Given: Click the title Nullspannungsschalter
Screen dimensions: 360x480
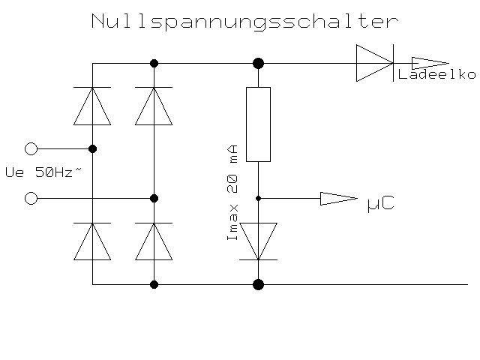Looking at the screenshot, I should coord(243,21).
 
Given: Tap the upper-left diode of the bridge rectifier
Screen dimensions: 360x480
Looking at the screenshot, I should coord(92,106).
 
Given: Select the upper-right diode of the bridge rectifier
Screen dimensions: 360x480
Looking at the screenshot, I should coord(154,106).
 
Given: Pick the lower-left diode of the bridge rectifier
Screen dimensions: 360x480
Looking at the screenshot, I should coord(92,241).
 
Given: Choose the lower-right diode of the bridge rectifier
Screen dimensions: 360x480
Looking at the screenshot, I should coord(154,241).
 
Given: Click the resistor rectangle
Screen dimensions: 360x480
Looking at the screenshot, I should coord(258,124).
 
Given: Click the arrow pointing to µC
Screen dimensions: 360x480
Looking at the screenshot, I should coord(338,199).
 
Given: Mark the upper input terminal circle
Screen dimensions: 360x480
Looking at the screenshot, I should coord(31,148).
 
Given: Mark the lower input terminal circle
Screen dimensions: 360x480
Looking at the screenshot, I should coord(31,199).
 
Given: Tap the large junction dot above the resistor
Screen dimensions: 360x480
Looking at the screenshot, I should coord(258,63).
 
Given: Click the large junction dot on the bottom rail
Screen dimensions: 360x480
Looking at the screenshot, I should coord(258,284).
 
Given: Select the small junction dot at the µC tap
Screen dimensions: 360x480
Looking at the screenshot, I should coord(258,199).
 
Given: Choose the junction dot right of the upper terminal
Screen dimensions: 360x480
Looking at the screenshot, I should coord(92,148).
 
